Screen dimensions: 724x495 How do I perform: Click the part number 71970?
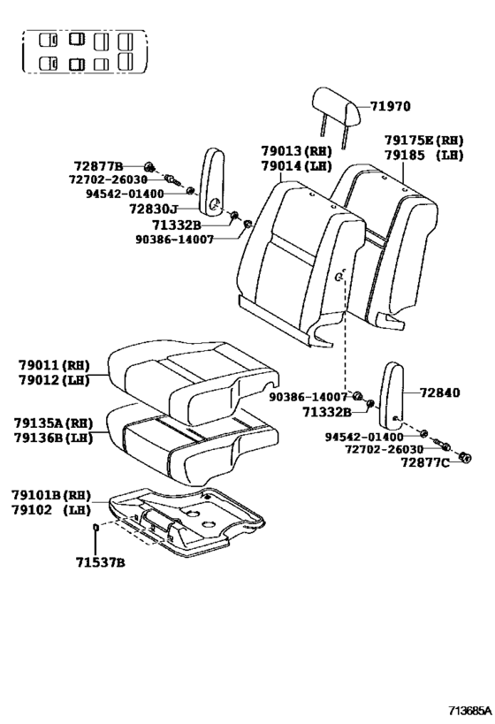[390, 107]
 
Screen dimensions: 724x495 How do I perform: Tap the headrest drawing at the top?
[337, 107]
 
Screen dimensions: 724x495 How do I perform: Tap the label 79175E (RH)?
[423, 140]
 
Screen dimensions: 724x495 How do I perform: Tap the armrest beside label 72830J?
[213, 181]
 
